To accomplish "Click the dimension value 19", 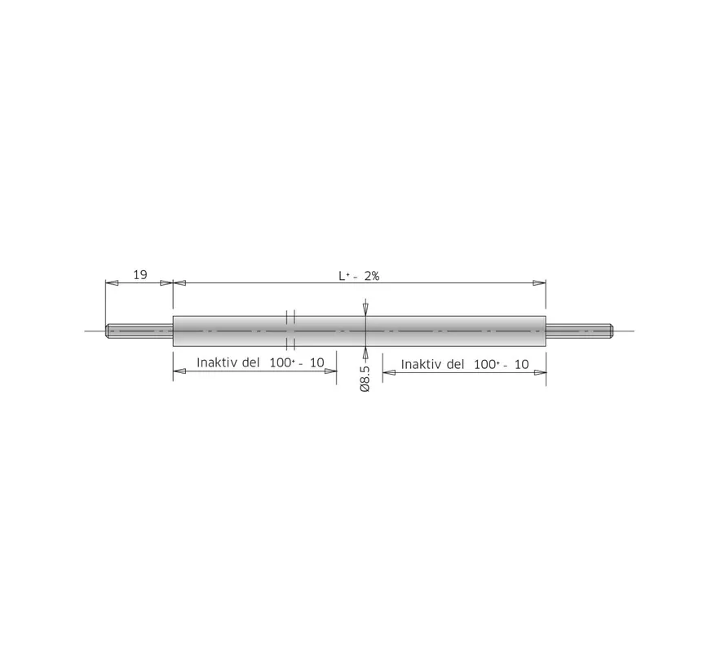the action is tap(139, 274).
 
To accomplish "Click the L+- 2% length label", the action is tap(359, 276).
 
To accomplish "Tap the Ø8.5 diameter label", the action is tap(365, 378).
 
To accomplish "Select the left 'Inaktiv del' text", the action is tap(228, 362).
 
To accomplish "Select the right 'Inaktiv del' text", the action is tap(432, 364).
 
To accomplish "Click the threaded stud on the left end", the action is tap(139, 331).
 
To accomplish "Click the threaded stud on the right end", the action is tap(579, 331).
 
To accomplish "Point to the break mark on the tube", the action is tap(290, 331).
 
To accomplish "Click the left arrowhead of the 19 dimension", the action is tap(113, 282).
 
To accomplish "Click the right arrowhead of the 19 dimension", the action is tap(166, 282).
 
